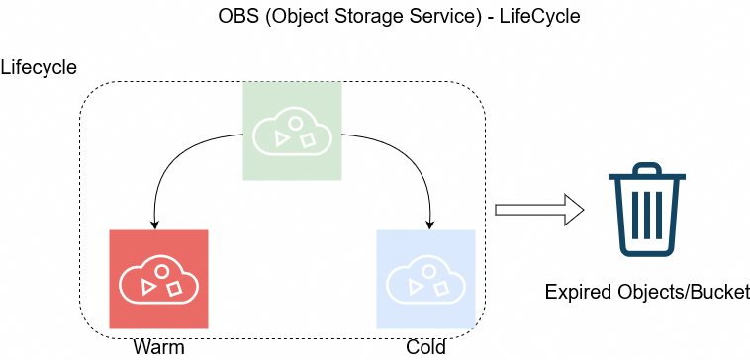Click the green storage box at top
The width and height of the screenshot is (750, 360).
click(x=292, y=131)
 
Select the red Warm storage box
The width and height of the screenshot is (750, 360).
click(x=158, y=279)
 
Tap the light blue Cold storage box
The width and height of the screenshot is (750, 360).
click(x=425, y=279)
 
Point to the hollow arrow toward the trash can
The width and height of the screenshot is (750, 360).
click(x=539, y=210)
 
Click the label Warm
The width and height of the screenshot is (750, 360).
click(x=158, y=347)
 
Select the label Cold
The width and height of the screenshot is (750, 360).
click(x=425, y=347)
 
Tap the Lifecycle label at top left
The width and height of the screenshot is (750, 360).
click(x=39, y=68)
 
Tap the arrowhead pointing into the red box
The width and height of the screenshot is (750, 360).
click(x=155, y=223)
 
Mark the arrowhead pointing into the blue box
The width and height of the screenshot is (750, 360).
click(x=430, y=223)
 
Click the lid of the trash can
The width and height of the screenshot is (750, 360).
click(x=647, y=177)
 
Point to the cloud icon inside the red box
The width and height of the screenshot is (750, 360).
click(x=158, y=281)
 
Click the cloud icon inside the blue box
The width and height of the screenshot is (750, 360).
click(x=425, y=281)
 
